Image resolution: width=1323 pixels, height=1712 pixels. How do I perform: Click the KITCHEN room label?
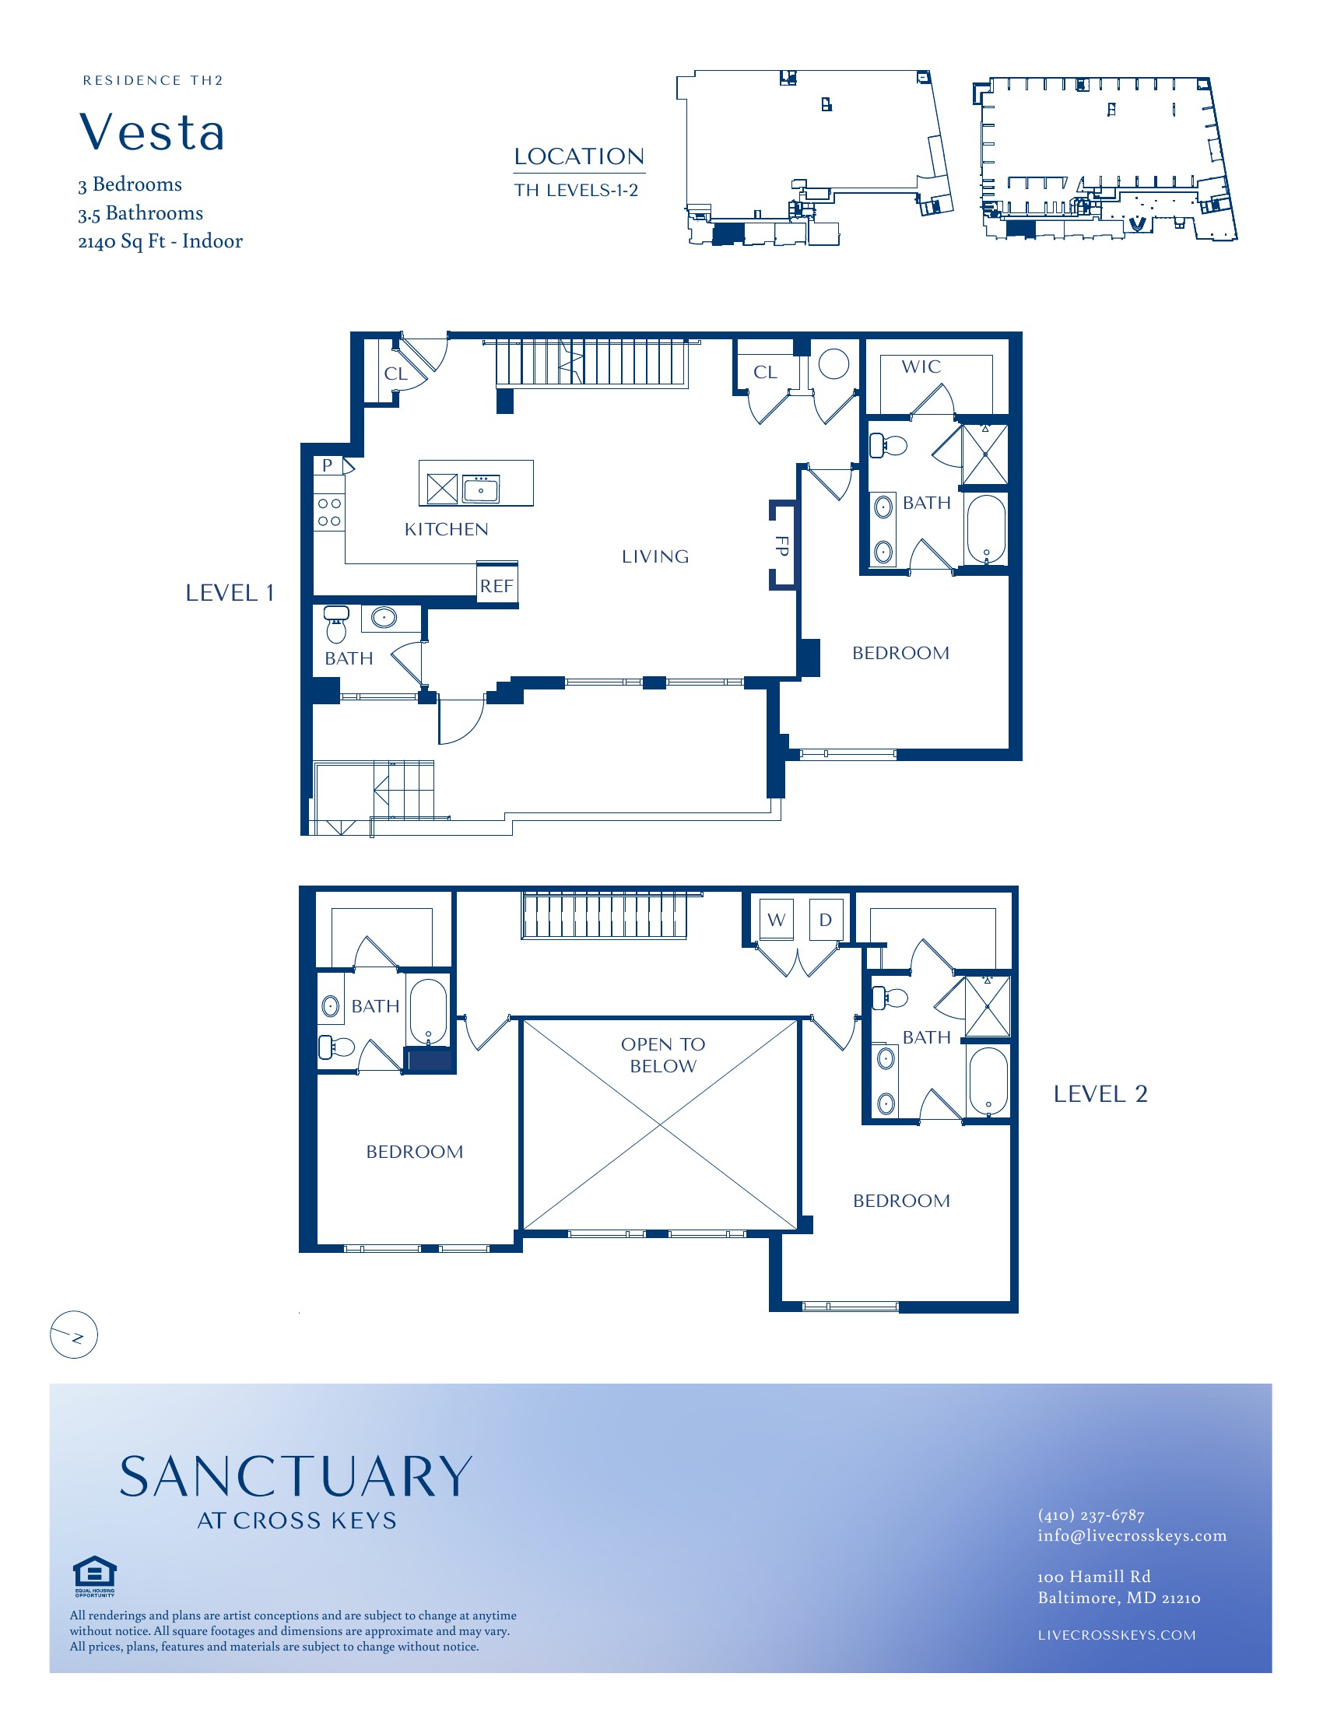[x=446, y=529]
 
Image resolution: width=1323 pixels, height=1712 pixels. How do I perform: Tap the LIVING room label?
[x=655, y=556]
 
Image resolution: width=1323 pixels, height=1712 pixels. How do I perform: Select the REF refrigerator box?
[x=497, y=584]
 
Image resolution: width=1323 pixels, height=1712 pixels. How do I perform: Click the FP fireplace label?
[x=781, y=546]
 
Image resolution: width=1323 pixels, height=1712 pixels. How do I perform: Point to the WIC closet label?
[x=921, y=367]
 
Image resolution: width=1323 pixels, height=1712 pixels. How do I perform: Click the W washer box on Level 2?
[x=777, y=919]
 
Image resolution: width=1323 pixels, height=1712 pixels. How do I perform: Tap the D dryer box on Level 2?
[x=826, y=919]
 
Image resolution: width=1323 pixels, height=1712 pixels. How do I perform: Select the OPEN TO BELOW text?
[x=663, y=1054]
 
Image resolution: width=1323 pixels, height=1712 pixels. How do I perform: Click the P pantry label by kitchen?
[x=328, y=465]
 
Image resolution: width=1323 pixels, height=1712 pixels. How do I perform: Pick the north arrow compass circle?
[x=74, y=1334]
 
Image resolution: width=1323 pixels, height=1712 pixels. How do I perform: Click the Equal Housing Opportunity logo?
[x=94, y=1576]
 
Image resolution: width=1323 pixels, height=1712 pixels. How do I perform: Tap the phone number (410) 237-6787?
[x=1091, y=1514]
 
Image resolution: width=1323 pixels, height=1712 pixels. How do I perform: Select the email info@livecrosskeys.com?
[x=1132, y=1535]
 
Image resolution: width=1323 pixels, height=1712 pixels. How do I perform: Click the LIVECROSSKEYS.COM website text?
[x=1117, y=1635]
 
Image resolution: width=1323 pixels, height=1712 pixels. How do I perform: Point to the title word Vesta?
[x=152, y=132]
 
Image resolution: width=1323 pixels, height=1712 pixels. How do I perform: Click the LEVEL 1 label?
[x=230, y=593]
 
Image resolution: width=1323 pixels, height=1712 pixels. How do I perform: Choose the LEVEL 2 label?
[x=1100, y=1093]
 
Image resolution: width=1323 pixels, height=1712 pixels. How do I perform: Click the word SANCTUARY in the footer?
[x=297, y=1477]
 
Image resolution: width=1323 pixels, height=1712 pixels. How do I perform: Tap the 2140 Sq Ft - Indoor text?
[x=160, y=241]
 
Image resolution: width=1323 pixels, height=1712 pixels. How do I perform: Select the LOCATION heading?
[x=579, y=156]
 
